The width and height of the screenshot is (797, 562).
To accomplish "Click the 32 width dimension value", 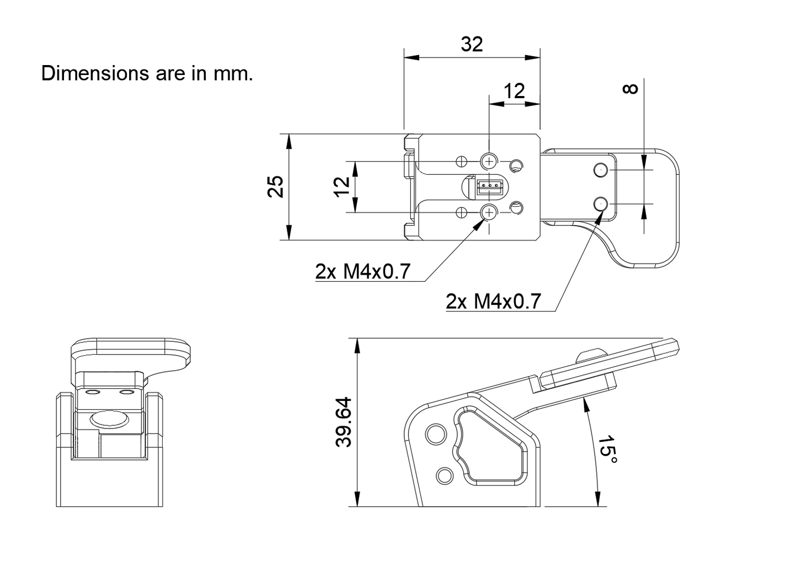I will [x=472, y=44].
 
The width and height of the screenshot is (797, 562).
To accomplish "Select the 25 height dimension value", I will [x=276, y=186].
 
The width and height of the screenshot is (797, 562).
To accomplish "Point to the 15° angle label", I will [x=607, y=449].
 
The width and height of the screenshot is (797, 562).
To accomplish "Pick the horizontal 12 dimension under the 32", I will [x=514, y=90].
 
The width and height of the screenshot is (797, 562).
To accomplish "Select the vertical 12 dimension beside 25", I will [x=342, y=186].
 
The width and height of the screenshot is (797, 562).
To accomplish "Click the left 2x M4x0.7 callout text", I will [x=363, y=272].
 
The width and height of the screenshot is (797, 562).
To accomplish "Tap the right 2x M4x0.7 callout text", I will [x=493, y=302].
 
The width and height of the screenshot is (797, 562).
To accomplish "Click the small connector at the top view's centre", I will [x=489, y=186].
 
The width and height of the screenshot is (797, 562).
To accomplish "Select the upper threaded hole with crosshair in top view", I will [x=489, y=161].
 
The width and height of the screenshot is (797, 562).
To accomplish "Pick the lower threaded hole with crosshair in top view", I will [x=489, y=212].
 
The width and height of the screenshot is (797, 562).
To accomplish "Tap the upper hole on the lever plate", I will [x=601, y=170].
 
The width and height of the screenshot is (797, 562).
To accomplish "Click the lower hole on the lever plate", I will [x=601, y=205].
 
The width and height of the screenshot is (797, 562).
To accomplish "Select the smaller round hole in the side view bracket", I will [x=445, y=475].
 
